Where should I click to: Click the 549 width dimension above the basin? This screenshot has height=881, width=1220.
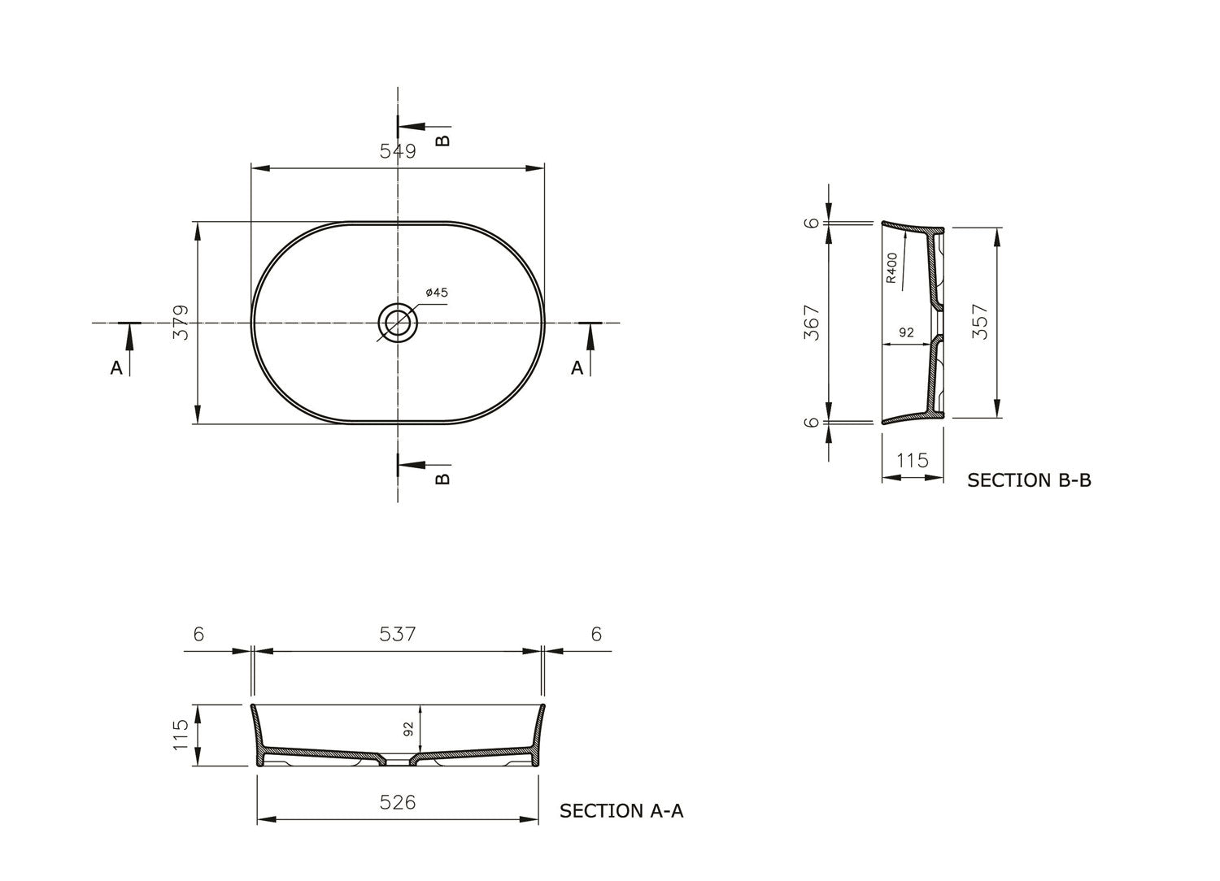pos(398,152)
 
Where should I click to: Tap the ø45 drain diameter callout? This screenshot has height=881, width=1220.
pos(436,293)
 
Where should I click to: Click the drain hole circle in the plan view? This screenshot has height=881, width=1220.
pos(398,323)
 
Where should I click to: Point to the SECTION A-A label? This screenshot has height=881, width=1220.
pos(621,811)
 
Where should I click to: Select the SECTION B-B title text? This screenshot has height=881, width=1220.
pos(1029,480)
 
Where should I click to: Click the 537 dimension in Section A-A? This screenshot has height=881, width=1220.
pos(398,634)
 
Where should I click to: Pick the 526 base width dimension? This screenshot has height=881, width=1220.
pos(398,803)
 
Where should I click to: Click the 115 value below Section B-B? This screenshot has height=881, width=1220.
pos(912,461)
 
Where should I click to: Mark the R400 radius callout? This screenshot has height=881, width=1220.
pos(891,268)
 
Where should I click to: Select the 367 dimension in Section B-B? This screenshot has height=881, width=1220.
pos(812,323)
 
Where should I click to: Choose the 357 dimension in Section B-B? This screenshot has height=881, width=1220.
pos(981,322)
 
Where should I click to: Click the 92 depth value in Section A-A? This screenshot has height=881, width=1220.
pos(408,730)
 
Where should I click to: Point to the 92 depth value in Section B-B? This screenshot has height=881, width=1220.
pos(907,332)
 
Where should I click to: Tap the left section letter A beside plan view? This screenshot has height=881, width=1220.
pos(116,368)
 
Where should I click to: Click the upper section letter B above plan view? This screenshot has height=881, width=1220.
pos(442,140)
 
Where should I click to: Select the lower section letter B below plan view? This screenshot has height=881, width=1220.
pos(442,478)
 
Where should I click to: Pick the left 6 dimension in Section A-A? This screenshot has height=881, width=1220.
pos(198,634)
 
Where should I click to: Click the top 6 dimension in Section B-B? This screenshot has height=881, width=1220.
pos(812,223)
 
